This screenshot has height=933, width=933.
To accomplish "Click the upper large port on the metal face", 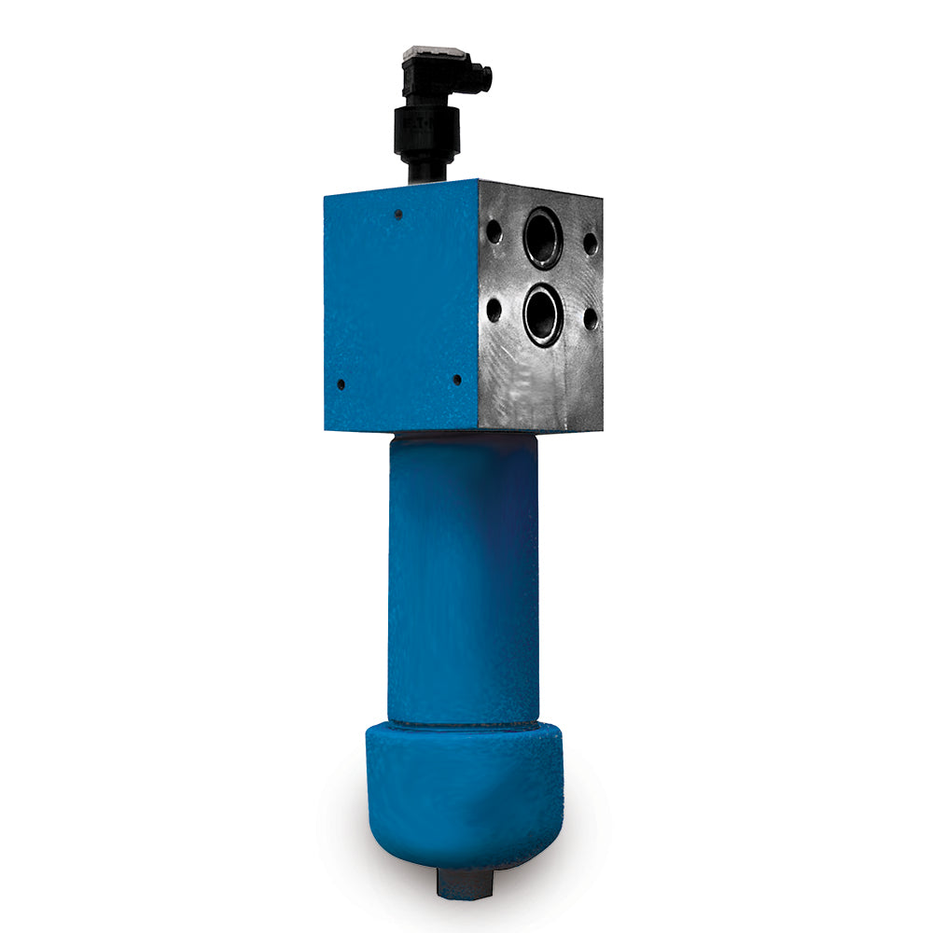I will pyautogui.click(x=543, y=238).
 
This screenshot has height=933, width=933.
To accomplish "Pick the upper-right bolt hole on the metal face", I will pyautogui.click(x=590, y=244).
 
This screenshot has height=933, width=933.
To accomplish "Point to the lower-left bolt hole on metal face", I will pyautogui.click(x=494, y=309).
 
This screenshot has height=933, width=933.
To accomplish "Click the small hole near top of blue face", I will pyautogui.click(x=398, y=215).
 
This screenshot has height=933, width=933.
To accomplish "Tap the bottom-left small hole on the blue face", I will pyautogui.click(x=341, y=383).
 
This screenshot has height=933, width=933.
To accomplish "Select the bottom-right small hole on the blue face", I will pyautogui.click(x=456, y=379).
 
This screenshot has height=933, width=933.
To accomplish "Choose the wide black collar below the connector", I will pyautogui.click(x=426, y=130).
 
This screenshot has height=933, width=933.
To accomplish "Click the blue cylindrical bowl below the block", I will pyautogui.click(x=464, y=578).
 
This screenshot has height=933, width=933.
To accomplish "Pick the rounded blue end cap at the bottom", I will pyautogui.click(x=464, y=793).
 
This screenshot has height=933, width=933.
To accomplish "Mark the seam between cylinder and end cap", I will pyautogui.click(x=464, y=724).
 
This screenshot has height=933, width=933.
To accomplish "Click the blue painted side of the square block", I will pyautogui.click(x=401, y=308).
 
